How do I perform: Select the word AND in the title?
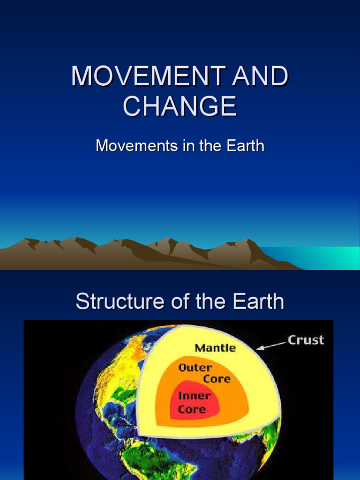(261, 76)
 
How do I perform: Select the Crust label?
(306, 340)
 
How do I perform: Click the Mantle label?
(215, 348)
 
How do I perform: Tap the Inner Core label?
(194, 402)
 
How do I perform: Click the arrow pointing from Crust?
(271, 346)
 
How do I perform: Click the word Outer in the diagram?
(195, 367)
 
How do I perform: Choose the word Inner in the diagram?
(194, 396)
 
